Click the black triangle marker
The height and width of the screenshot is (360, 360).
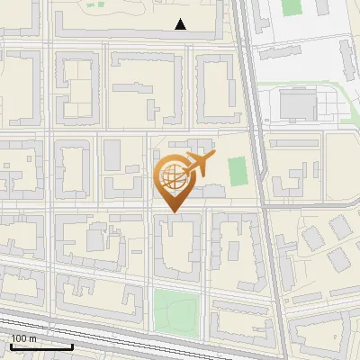[x=182, y=24]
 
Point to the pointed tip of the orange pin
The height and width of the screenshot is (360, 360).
[x=173, y=211]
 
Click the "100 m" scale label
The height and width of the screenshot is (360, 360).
[x=24, y=339]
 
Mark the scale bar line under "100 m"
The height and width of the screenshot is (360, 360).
[x=41, y=346]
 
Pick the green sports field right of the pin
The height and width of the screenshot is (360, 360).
[x=237, y=168]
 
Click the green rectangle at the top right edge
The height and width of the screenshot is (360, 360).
[x=290, y=6]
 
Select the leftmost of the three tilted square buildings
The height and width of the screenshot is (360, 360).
[x=312, y=238]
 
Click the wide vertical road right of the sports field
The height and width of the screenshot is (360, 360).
[x=259, y=171]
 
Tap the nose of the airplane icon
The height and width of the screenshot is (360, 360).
[x=214, y=155]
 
